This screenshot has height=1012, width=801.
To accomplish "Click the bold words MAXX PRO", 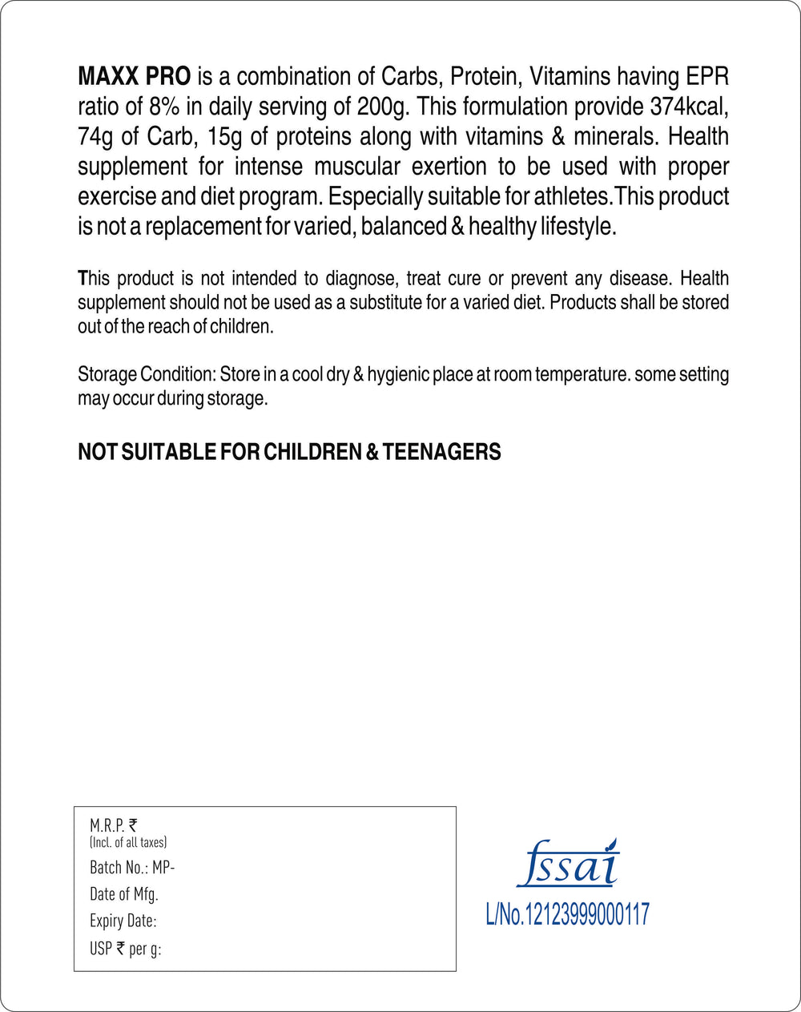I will (x=134, y=77).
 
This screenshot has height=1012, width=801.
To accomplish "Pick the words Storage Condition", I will (x=145, y=375).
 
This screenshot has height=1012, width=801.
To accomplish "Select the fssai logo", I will (x=568, y=864).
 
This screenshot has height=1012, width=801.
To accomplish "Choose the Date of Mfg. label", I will (x=124, y=894).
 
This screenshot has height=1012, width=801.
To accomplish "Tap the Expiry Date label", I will (x=123, y=921).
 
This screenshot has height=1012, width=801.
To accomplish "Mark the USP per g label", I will (x=126, y=949).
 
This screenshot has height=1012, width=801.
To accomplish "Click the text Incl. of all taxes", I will (x=128, y=842).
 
